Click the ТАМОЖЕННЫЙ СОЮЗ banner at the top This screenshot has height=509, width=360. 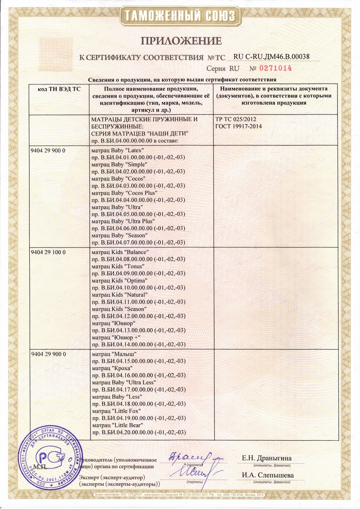[180, 17]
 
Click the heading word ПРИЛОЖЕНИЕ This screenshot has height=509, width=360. [181, 41]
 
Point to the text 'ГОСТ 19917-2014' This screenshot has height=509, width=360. [239, 126]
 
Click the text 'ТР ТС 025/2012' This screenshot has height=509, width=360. [236, 119]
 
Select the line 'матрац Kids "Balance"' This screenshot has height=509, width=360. [120, 252]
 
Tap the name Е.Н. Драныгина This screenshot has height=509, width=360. [267, 458]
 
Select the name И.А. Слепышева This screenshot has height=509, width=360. [267, 475]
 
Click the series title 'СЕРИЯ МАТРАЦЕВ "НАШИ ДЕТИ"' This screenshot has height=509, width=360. [140, 134]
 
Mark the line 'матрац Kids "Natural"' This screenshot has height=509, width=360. [119, 294]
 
